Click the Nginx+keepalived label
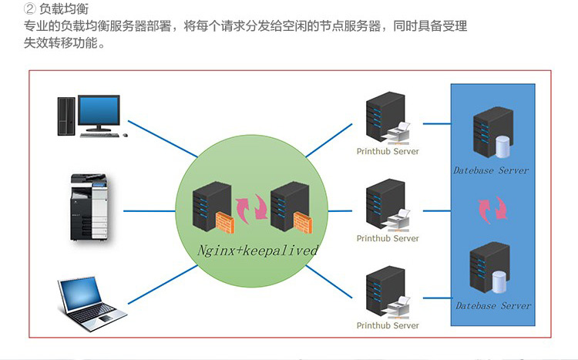(x=257, y=251)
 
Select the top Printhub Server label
(x=388, y=152)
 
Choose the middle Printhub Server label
(x=388, y=238)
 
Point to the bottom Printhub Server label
(x=388, y=325)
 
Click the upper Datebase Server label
(x=491, y=170)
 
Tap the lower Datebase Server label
(x=493, y=306)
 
